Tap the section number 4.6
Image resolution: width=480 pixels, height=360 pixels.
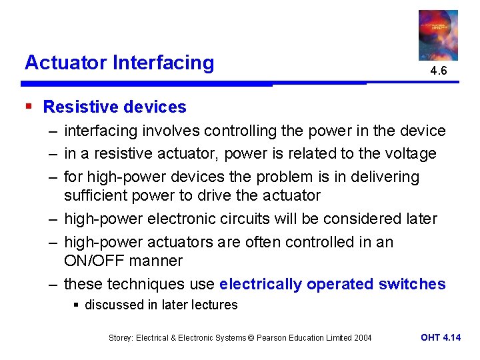point(438,71)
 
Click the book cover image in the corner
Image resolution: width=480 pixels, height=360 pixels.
point(438,35)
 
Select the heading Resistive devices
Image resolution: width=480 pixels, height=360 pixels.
point(115,107)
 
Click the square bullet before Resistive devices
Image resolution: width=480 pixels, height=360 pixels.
point(28,107)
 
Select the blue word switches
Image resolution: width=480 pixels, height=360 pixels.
point(412,284)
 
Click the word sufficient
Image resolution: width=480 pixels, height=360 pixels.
point(95,196)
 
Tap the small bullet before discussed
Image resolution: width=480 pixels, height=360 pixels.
point(77,305)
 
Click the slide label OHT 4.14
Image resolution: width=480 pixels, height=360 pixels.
point(441,337)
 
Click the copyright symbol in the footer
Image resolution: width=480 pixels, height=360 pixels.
point(251,338)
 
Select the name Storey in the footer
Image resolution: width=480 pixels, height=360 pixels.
point(122,338)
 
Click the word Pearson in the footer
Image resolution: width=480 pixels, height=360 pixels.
point(271,338)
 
